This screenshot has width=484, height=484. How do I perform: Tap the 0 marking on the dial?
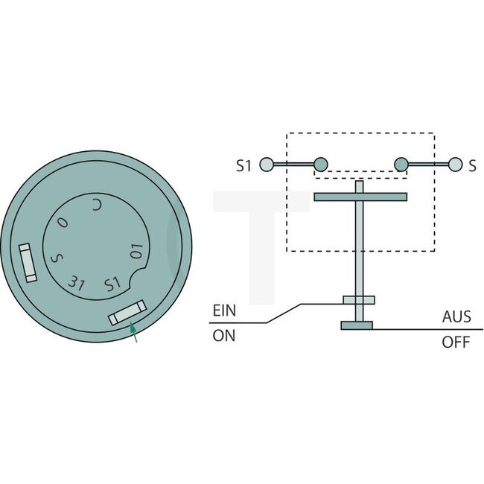pyautogui.click(x=63, y=223)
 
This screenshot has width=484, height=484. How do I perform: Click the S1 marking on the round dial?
pyautogui.click(x=111, y=284)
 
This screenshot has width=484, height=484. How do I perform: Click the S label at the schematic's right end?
pyautogui.click(x=472, y=165)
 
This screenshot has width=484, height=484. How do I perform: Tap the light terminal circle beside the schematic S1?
pyautogui.click(x=266, y=165)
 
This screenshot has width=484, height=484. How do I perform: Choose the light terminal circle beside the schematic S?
pyautogui.click(x=453, y=165)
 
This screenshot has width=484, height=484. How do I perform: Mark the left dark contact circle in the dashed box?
pyautogui.click(x=321, y=165)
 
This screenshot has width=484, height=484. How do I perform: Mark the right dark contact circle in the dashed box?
pyautogui.click(x=401, y=165)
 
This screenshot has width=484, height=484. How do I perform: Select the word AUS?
pyautogui.click(x=456, y=316)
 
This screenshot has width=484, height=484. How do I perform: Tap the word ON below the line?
pyautogui.click(x=223, y=336)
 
